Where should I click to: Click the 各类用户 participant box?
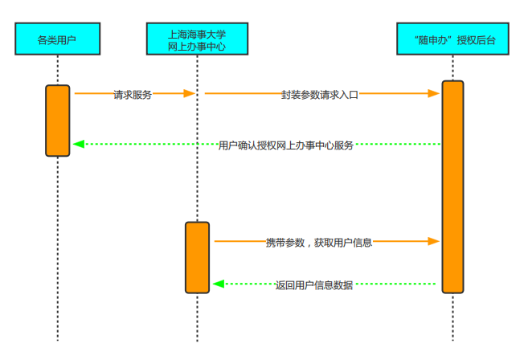click(57, 39)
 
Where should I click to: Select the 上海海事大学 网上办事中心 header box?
click(197, 39)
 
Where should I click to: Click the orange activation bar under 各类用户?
click(57, 120)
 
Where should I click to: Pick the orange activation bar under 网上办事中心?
click(197, 257)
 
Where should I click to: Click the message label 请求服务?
click(132, 94)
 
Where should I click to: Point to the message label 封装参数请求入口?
click(319, 94)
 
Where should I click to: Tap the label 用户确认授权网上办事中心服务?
click(285, 145)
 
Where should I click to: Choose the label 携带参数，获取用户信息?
click(318, 242)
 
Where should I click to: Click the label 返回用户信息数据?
click(313, 284)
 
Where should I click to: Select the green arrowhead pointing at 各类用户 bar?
click(78, 145)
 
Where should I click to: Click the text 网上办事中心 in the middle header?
click(197, 47)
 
